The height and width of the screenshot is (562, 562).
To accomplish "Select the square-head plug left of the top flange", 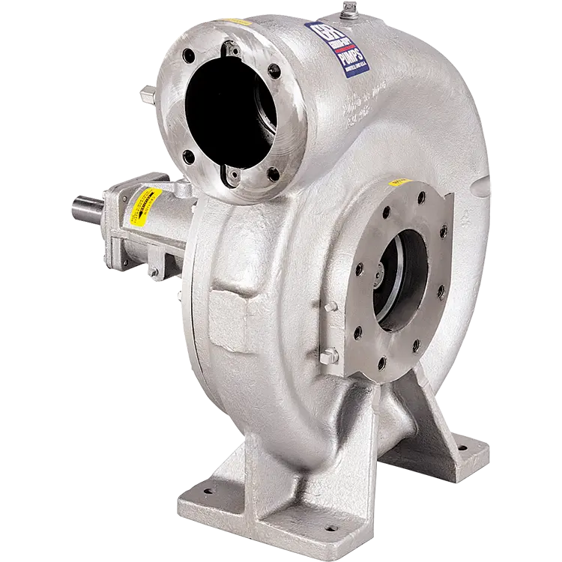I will (147, 94).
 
